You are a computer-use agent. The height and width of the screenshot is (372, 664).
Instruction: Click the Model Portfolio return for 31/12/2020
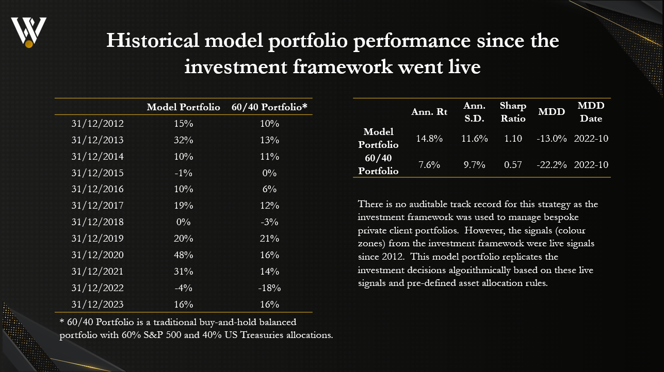coord(183,255)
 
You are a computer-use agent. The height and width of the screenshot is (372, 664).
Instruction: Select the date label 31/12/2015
coord(99,173)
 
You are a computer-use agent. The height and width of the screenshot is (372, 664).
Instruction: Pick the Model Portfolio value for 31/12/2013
coord(183,140)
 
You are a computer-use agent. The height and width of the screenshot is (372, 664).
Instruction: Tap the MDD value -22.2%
coord(552,165)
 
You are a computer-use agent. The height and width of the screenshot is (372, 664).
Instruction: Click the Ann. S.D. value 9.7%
coord(472,165)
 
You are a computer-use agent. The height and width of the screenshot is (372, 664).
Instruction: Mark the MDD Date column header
coord(591,112)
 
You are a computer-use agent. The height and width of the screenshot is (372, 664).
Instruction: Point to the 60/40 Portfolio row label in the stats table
coord(379,165)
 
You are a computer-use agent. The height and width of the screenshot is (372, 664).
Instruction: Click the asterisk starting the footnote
coord(62,323)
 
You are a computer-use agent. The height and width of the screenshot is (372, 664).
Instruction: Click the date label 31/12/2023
coord(99,304)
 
